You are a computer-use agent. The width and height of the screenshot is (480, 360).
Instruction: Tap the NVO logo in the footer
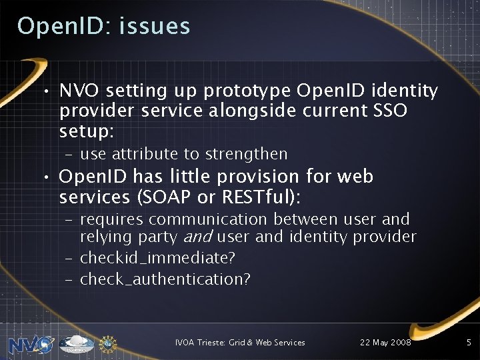(31, 344)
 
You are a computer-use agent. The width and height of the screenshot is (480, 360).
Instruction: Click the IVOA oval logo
(77, 343)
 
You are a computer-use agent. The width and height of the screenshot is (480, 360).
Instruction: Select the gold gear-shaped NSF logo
(108, 343)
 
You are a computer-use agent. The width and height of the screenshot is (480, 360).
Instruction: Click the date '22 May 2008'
(385, 343)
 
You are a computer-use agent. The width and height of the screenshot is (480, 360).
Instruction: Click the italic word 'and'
(198, 237)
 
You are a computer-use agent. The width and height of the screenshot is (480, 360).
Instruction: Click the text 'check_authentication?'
(165, 279)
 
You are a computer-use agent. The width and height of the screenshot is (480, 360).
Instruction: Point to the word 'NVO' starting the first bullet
(79, 90)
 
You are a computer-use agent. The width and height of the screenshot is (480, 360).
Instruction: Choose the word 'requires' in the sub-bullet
(111, 219)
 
